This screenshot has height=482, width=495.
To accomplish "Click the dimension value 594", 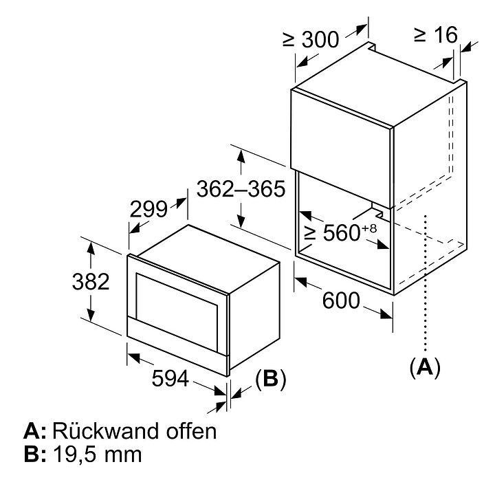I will coord(168,378).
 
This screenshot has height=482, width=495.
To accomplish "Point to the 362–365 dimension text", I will coord(239,188).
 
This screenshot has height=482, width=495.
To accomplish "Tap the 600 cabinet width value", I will coord(339,301).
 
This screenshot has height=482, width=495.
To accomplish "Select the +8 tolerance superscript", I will coord(370,228).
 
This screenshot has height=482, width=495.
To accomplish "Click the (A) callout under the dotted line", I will coord(424,366).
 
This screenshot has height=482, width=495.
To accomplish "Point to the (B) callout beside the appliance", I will coord(270,378).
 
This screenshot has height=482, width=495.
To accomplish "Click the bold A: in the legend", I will coord(34,432).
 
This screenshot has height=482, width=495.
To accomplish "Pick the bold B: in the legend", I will coord(34,454).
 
